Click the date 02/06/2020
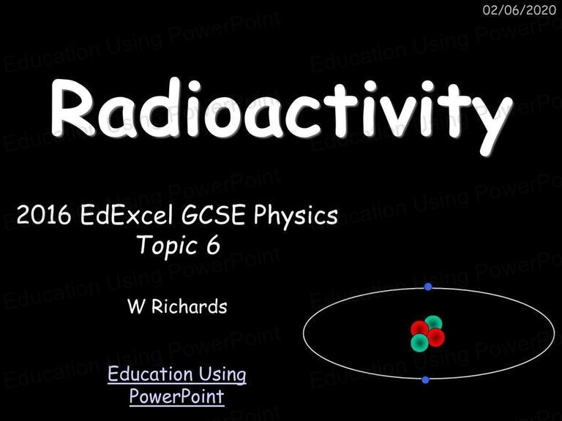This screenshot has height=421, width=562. pos(519,10)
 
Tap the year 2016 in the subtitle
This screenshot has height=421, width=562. pos(44,215)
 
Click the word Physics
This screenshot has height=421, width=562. pos(296,217)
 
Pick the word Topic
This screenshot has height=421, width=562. pos(168,246)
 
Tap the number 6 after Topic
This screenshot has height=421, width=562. pos(213,246)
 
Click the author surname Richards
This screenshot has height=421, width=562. pos(190,306)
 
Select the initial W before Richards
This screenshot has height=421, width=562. pos(136,307)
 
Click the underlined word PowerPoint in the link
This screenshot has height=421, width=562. pos(176,396)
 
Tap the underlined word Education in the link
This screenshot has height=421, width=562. pos(150,374)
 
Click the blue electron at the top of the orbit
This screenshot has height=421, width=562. pos(428,287)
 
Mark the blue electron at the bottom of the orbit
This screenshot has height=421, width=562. pos(425,380)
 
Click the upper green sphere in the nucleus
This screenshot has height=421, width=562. pos(434,322)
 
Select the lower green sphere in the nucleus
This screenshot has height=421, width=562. pos(420,343)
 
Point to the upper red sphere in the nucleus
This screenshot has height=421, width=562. pos(420,329)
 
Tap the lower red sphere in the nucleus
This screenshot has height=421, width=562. pos(435,338)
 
